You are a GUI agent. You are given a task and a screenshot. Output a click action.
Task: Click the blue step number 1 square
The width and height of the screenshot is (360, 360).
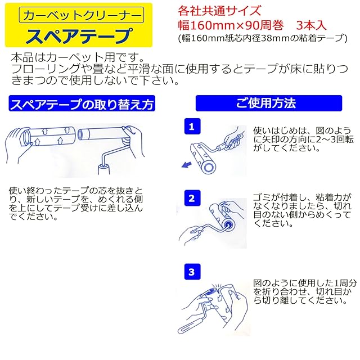click(192, 126)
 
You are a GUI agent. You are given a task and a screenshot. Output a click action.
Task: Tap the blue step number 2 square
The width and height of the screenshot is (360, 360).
click(192, 198)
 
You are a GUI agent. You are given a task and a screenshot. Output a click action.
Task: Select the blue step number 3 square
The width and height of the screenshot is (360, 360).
click(192, 272)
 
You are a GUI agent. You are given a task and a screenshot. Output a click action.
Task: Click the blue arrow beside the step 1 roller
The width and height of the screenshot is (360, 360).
click(187, 164)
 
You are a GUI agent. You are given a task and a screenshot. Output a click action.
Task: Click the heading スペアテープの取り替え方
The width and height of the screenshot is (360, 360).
click(82, 103)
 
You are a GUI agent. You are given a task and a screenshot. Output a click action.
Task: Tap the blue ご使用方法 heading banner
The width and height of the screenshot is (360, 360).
click(269, 103)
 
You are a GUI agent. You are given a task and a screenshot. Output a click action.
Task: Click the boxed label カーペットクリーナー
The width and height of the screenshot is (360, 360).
click(82, 15)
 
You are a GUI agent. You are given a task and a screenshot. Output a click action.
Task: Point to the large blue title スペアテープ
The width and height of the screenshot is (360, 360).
click(79, 35)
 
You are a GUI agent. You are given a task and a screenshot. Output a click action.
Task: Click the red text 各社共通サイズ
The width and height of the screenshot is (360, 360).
click(220, 11)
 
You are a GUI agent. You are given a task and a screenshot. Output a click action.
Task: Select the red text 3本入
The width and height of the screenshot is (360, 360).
click(311, 25)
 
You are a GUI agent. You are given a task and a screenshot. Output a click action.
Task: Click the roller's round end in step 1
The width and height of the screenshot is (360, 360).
click(209, 167)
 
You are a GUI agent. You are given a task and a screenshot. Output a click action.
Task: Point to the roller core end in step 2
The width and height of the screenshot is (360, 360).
click(228, 224)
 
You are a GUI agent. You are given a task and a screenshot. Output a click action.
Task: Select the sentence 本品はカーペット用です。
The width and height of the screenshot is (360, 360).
click(78, 57)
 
